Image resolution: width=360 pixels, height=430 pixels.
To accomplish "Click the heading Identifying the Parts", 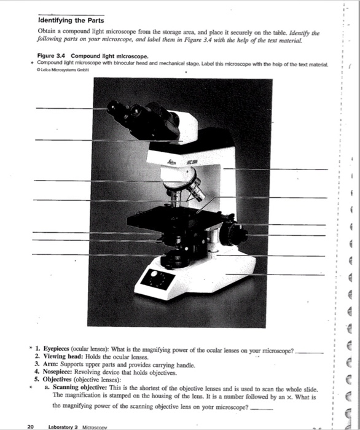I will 71,20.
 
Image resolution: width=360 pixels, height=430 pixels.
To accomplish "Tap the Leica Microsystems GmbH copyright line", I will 63,68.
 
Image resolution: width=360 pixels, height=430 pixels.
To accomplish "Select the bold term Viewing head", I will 61,356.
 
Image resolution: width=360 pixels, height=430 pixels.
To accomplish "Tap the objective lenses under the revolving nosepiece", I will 184,197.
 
